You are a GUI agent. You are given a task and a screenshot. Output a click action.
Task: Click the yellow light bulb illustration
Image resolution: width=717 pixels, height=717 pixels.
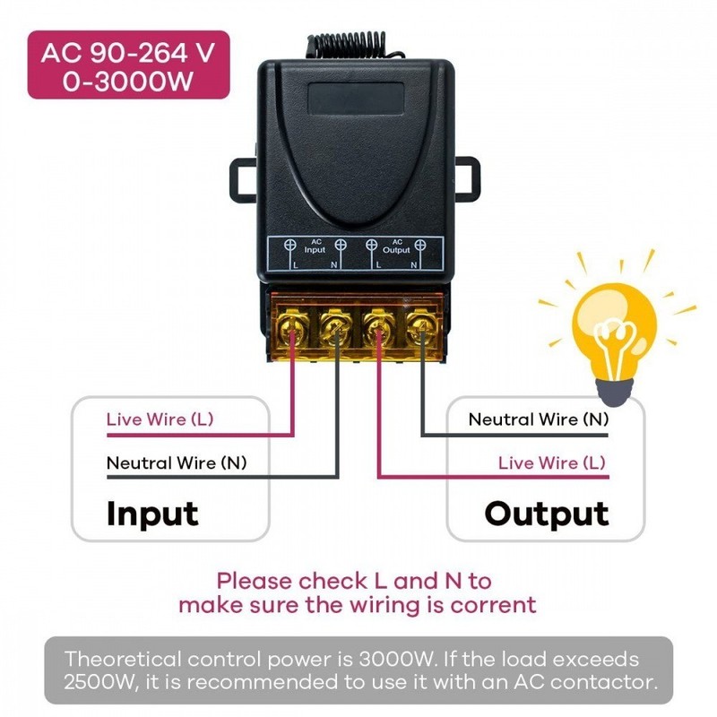tap(614, 340)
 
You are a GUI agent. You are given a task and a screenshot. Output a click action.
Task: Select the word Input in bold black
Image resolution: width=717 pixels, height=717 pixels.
tap(152, 514)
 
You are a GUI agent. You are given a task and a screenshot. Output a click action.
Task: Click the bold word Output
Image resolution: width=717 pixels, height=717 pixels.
tap(547, 514)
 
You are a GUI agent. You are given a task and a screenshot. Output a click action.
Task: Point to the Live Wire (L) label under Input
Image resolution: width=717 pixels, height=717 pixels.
tap(160, 419)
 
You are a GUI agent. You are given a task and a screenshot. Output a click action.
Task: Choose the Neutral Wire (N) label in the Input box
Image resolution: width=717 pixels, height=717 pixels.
tap(177, 462)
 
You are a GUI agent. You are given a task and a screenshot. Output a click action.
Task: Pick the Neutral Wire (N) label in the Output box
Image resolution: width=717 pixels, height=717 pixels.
tap(539, 419)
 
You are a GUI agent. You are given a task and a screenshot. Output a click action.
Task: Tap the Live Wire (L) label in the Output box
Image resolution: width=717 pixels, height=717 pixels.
tap(552, 462)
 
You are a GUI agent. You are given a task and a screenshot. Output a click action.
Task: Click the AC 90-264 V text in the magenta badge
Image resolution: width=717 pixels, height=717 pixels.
tap(128, 53)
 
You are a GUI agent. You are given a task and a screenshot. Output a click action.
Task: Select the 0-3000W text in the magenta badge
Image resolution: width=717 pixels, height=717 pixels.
tap(128, 82)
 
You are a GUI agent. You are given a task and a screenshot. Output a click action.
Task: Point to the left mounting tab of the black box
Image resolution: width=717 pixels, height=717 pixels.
tap(243, 180)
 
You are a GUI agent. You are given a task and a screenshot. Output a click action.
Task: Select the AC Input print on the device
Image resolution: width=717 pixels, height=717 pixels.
tap(315, 246)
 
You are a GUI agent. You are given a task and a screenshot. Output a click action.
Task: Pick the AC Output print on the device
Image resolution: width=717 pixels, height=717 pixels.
tap(396, 246)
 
